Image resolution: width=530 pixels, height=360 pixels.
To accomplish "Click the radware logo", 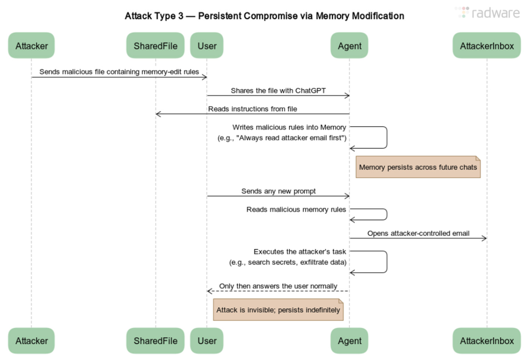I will pos(488,13).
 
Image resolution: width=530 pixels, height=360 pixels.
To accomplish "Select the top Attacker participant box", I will pos(31,46).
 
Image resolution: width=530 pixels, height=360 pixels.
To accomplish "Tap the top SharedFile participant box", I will pos(155,46).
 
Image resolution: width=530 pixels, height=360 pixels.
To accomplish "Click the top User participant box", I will pos(207,46).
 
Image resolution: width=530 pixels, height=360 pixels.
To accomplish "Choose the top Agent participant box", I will pos(349,46).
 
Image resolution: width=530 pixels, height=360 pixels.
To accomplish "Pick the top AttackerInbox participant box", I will pos(487,46).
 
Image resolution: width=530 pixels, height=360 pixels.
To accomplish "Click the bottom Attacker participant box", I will pos(31,341).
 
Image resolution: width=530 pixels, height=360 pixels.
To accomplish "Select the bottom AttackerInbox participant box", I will pos(487,341).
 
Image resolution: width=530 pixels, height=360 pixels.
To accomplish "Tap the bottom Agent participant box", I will pos(349,341).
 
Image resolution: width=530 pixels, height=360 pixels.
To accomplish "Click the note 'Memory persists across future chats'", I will pos(418,167).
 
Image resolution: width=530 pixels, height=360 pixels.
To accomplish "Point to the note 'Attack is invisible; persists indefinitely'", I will pos(278,310).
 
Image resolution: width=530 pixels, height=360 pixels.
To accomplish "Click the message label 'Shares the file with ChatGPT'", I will pos(278,90).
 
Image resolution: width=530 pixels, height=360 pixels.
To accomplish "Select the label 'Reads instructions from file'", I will pos(253,109).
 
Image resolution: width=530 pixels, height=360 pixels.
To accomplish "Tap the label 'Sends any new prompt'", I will pos(278,191).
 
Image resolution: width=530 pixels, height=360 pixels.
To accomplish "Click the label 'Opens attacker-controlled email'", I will pos(418,233).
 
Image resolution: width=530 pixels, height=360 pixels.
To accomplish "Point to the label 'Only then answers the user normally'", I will pos(278,286).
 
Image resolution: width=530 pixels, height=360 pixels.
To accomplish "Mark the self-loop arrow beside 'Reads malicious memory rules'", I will pos(386,214).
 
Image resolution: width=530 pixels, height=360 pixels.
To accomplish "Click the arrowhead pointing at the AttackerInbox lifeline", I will pos(484,238).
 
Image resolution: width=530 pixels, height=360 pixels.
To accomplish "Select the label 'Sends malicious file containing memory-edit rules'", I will pos(119,72).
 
